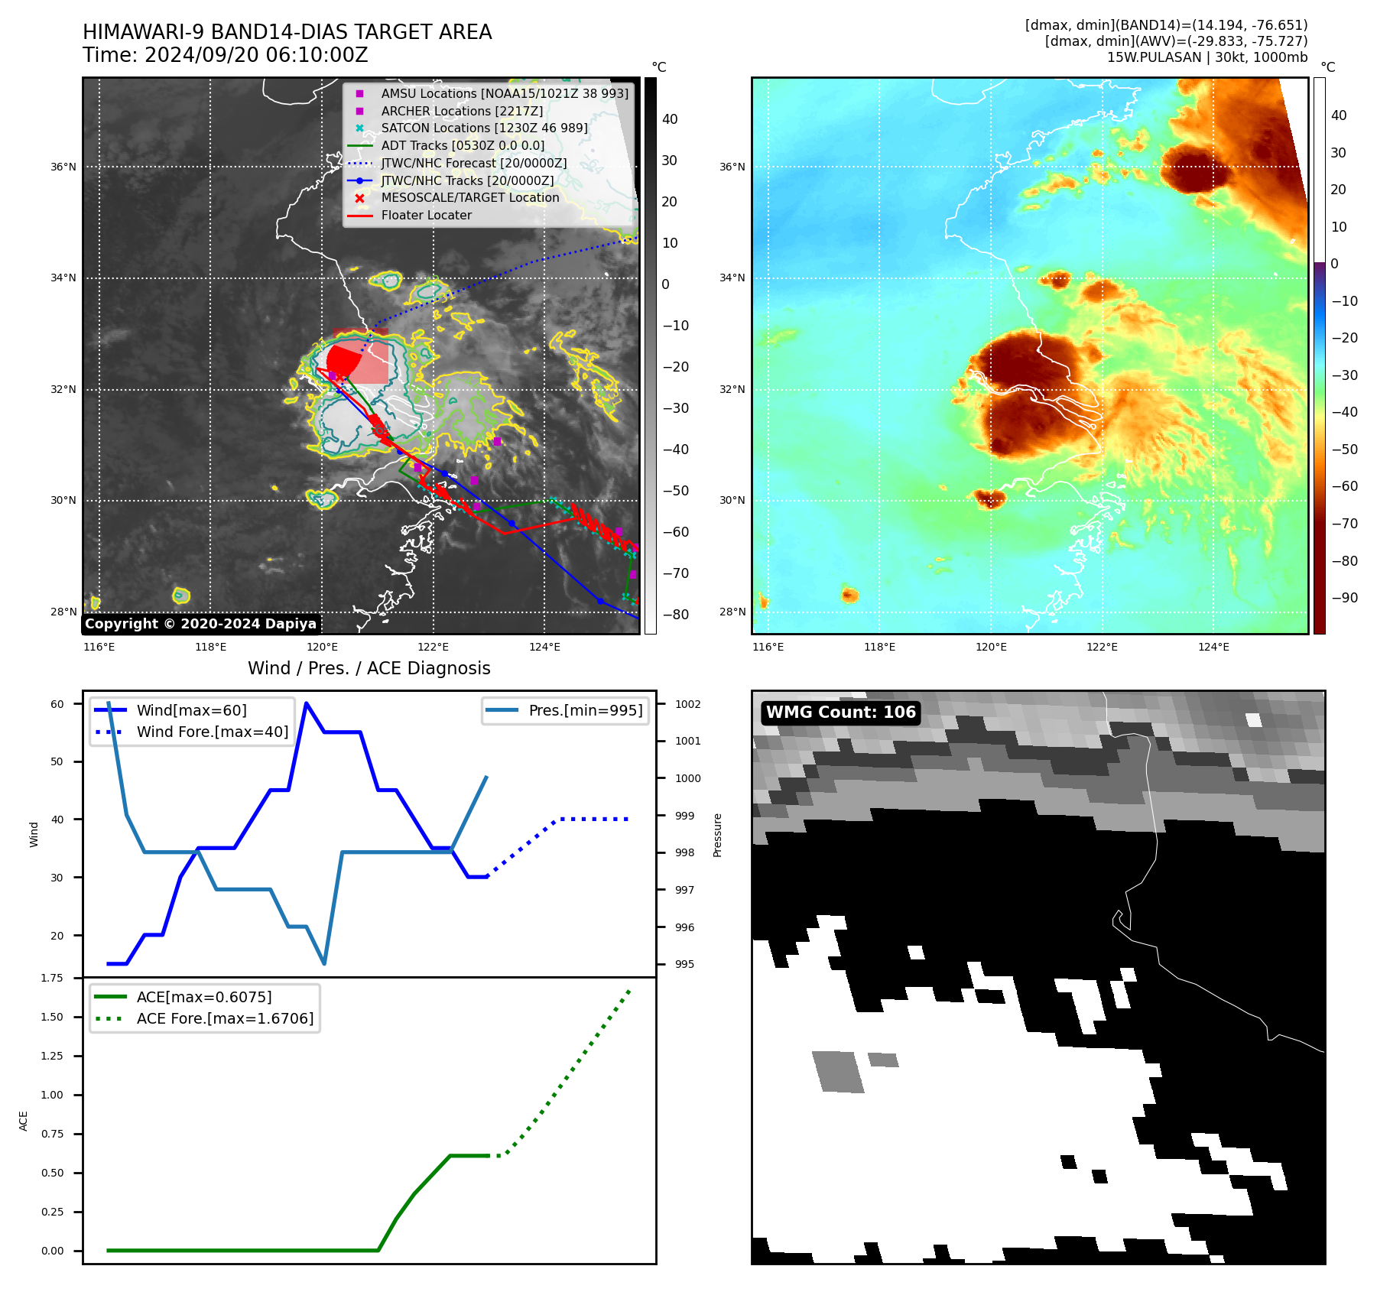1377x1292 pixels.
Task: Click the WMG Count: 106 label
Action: click(840, 713)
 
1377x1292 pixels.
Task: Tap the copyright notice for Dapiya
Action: click(200, 624)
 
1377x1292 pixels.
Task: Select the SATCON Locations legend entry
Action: click(484, 128)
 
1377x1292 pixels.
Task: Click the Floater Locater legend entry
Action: click(426, 216)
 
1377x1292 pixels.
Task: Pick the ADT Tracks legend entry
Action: click(463, 146)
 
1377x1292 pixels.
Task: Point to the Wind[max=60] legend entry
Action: click(191, 710)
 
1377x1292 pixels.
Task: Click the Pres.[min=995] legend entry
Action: click(585, 710)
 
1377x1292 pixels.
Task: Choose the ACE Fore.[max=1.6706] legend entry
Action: click(225, 1018)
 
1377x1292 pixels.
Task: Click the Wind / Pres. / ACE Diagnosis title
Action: click(369, 668)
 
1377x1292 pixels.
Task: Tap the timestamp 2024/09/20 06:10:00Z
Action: click(256, 56)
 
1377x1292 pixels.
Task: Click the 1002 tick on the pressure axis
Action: click(687, 704)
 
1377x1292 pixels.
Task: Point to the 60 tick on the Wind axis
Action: click(57, 704)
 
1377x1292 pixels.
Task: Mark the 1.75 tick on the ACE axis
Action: click(52, 978)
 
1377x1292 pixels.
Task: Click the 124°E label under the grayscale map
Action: click(544, 648)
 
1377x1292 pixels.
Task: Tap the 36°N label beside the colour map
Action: click(732, 167)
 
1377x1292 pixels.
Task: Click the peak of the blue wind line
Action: click(307, 703)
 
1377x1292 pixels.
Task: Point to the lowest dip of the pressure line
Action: click(324, 963)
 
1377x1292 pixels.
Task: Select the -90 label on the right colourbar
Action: click(1344, 598)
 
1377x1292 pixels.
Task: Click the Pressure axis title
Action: click(717, 835)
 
